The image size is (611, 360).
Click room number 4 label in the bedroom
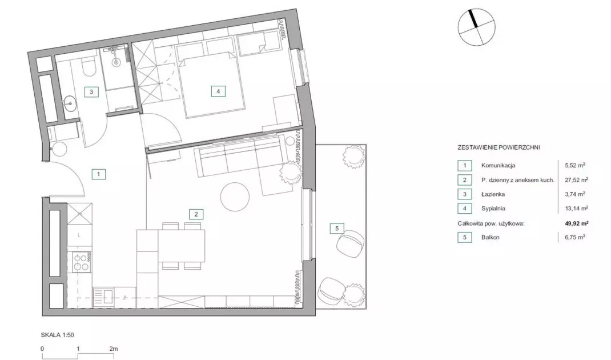point(218,91)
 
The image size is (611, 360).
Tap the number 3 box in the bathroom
point(91,92)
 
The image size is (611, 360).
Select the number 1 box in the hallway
point(99,174)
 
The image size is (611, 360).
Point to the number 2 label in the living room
point(196,214)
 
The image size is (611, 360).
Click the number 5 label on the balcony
point(337,229)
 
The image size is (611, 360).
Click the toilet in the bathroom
point(89,67)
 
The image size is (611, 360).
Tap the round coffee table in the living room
point(235,197)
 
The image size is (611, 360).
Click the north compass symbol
point(476,27)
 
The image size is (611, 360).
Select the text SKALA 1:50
point(57,335)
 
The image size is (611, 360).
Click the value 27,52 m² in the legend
point(576,180)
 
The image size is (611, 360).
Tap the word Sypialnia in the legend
point(493,209)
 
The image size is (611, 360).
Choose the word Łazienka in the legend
point(493,194)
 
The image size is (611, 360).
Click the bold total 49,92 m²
point(576,223)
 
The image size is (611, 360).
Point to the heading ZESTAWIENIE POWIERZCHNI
point(499,147)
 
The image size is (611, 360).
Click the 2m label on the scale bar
point(114,349)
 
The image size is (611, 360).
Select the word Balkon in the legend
point(490,237)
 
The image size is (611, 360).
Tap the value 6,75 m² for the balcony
point(575,237)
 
